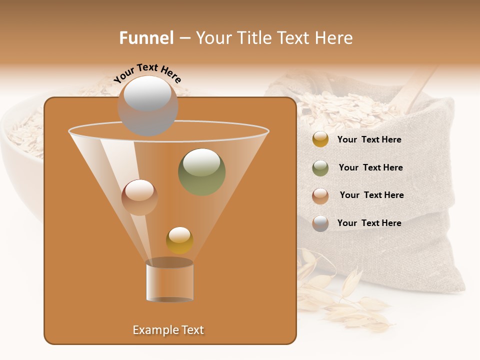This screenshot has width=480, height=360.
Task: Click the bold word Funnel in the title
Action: [x=146, y=38]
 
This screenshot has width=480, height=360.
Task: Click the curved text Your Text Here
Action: [x=147, y=73]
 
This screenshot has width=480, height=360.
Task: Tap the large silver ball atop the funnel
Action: [x=147, y=105]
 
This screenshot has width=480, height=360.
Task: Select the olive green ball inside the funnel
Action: [x=201, y=171]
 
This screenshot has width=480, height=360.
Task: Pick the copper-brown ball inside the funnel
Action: [x=139, y=197]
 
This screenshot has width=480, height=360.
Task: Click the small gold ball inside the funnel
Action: [x=179, y=240]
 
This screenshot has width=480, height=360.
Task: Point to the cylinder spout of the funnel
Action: [x=169, y=280]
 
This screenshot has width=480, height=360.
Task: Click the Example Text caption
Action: [x=168, y=330]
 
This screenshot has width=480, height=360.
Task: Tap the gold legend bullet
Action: [x=320, y=139]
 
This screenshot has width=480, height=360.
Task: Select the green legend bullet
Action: [x=320, y=168]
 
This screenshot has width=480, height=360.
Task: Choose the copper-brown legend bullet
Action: [x=320, y=195]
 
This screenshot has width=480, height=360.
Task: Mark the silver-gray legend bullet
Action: [x=320, y=223]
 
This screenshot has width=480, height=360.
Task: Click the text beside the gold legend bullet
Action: [x=369, y=140]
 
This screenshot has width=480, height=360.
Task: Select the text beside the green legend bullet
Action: [x=370, y=168]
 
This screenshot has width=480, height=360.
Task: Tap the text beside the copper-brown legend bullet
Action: [x=371, y=195]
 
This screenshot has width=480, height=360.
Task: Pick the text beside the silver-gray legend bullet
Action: [x=369, y=223]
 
